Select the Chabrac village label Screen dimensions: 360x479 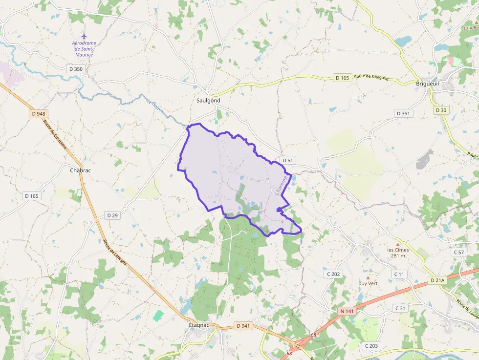81,170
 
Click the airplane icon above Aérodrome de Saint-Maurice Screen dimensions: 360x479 84,36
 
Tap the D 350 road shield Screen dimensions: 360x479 76,69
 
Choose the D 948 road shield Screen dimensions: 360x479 38,114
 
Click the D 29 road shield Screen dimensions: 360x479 112,215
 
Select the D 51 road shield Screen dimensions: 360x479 288,160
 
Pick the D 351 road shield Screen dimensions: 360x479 403,113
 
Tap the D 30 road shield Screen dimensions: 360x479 441,110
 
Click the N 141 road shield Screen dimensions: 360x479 347,311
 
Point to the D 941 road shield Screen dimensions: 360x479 242,325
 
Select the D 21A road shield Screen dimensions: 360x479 437,280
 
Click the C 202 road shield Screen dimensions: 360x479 334,274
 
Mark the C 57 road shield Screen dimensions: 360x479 458,252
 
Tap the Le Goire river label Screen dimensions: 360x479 154,105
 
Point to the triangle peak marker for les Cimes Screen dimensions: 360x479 398,244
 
